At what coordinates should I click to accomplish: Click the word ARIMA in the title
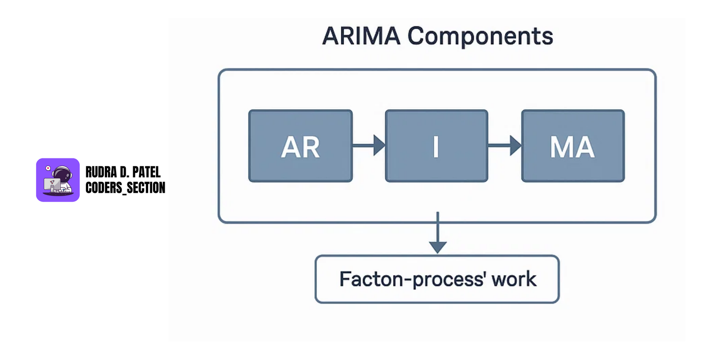pyautogui.click(x=361, y=36)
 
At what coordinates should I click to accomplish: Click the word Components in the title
pyautogui.click(x=480, y=36)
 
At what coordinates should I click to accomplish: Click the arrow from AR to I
pyautogui.click(x=369, y=145)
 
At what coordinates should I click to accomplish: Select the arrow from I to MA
pyautogui.click(x=504, y=145)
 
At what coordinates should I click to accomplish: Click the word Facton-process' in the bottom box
pyautogui.click(x=412, y=279)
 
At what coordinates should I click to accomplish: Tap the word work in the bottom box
pyautogui.click(x=514, y=279)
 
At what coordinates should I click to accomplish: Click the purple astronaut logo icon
pyautogui.click(x=58, y=180)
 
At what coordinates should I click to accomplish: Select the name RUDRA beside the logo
pyautogui.click(x=101, y=172)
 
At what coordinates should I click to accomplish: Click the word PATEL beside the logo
pyautogui.click(x=146, y=172)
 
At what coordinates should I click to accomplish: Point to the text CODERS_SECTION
pyautogui.click(x=125, y=188)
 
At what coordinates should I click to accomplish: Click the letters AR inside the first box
pyautogui.click(x=300, y=147)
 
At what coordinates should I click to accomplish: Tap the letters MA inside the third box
pyautogui.click(x=572, y=147)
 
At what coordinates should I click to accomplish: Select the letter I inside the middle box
pyautogui.click(x=436, y=147)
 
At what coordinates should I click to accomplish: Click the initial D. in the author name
pyautogui.click(x=124, y=172)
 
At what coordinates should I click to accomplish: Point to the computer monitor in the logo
pyautogui.click(x=51, y=184)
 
